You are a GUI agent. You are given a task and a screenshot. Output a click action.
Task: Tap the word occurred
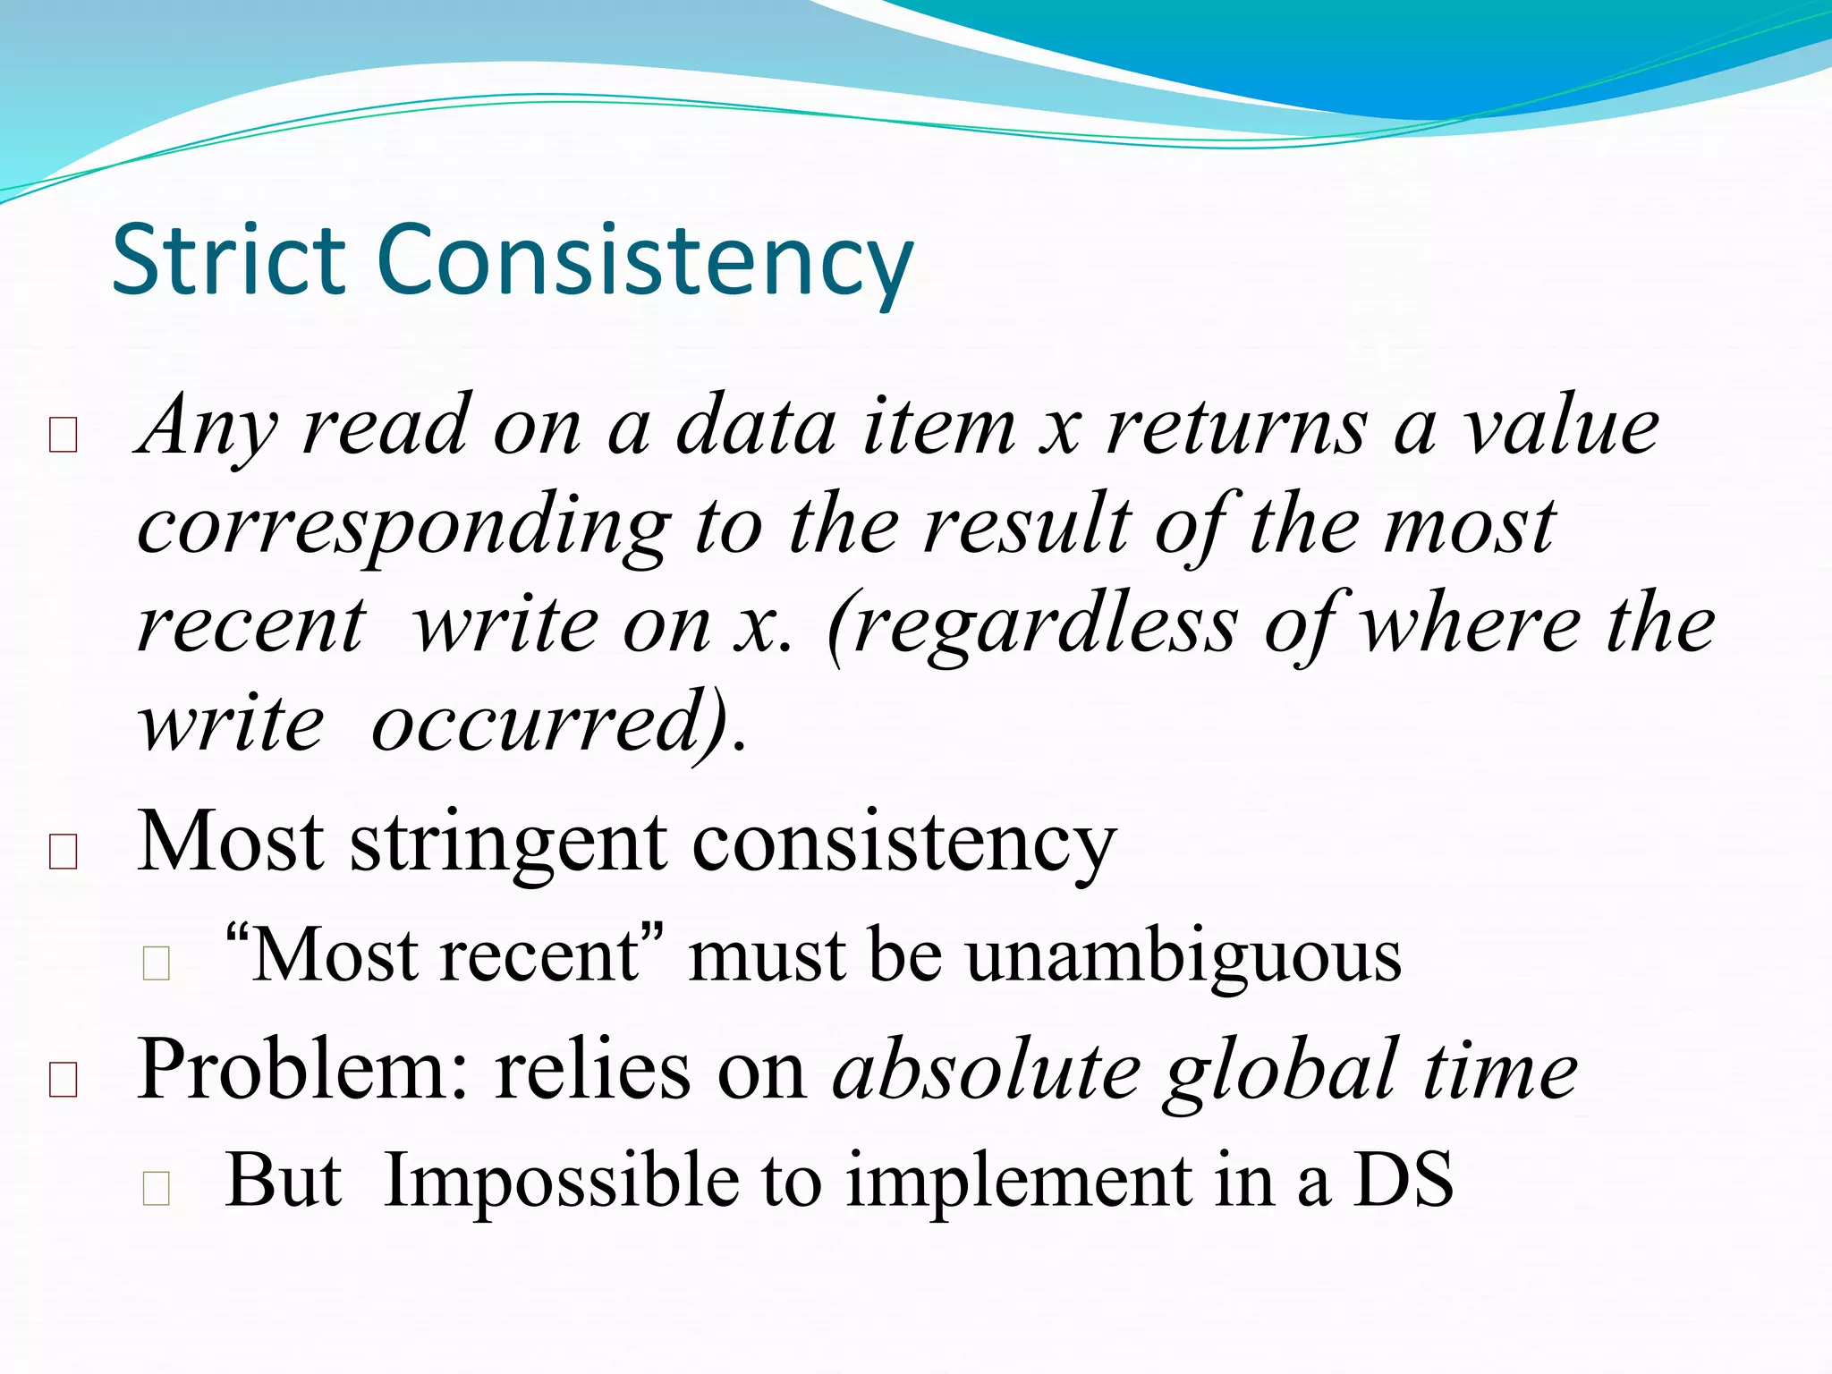[546, 723]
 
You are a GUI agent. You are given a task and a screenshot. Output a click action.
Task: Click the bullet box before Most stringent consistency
[64, 852]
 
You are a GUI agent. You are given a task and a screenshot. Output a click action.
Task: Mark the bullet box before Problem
[64, 1080]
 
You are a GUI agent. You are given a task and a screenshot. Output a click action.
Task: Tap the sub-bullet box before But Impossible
[157, 1188]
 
